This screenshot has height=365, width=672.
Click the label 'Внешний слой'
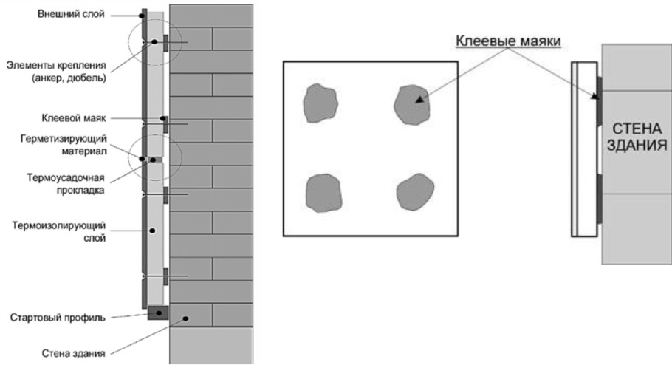[x=71, y=14]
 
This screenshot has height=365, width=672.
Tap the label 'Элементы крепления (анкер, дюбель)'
[x=56, y=72]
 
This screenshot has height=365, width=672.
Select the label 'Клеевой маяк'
[x=74, y=118]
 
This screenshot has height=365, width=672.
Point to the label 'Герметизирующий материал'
[x=64, y=145]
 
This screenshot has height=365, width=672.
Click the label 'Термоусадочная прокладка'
[x=66, y=183]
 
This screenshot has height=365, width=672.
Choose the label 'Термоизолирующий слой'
[x=59, y=231]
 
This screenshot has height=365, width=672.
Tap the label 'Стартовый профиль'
[x=58, y=318]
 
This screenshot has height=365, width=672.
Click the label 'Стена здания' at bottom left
[x=73, y=353]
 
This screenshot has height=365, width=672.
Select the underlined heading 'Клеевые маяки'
[x=508, y=41]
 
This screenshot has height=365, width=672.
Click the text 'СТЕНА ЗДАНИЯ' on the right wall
[x=637, y=137]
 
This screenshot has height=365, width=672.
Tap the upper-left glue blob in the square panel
[x=320, y=103]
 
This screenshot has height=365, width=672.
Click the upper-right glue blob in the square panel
[x=411, y=105]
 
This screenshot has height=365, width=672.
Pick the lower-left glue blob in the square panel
[x=324, y=193]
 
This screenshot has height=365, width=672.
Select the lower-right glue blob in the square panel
[x=415, y=192]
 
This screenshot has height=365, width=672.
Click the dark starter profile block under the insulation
[x=158, y=313]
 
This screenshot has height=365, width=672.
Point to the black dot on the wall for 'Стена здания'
[x=185, y=318]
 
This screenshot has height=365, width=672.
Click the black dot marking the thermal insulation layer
[x=152, y=231]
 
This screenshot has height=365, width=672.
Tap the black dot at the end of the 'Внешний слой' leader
[x=141, y=16]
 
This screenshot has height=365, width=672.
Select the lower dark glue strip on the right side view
[x=599, y=199]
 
